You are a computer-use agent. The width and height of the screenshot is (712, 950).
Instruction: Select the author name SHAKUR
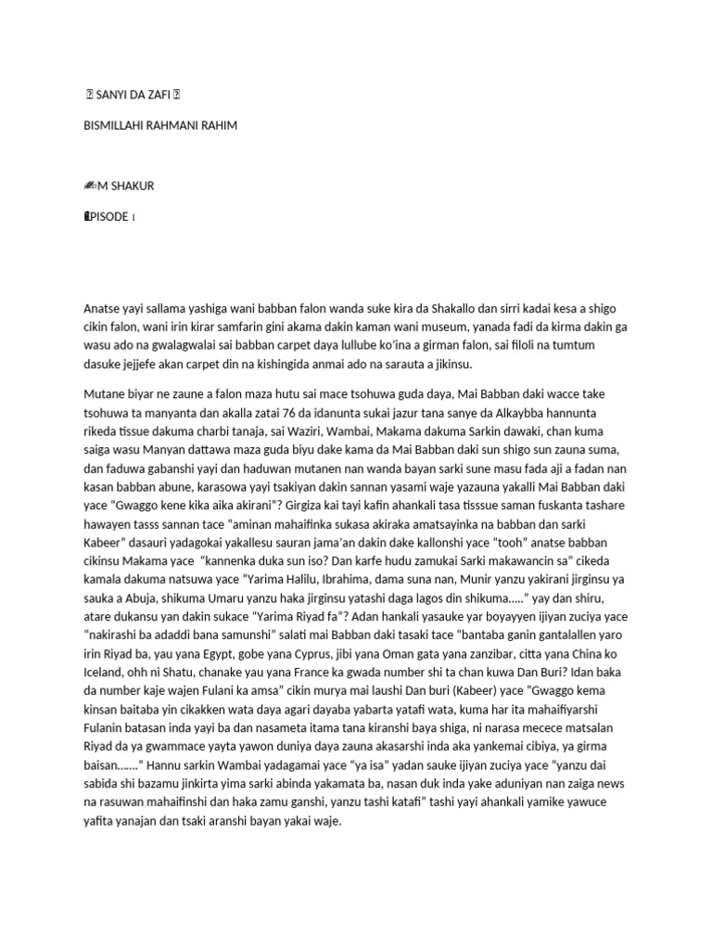pyautogui.click(x=133, y=186)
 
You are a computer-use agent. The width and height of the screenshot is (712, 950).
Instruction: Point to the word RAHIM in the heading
pyautogui.click(x=217, y=124)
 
